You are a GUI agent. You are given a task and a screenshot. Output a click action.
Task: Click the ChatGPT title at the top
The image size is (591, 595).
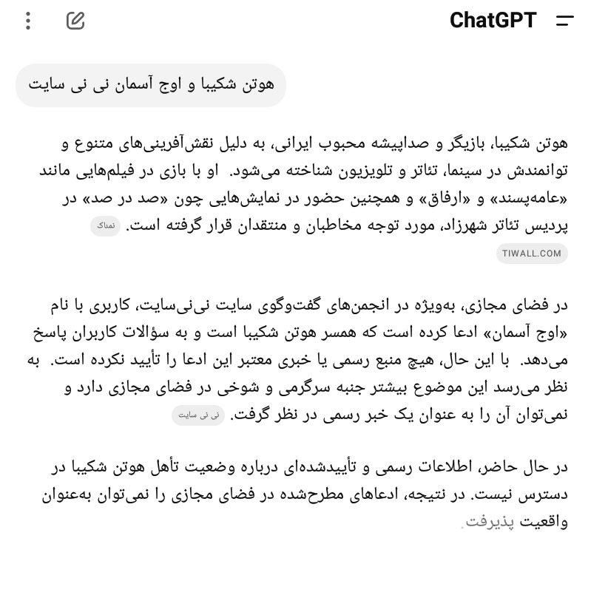pyautogui.click(x=493, y=20)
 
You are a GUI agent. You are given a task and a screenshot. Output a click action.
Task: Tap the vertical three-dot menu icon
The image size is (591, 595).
pyautogui.click(x=28, y=21)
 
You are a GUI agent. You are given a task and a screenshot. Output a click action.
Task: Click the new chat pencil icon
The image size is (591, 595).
pyautogui.click(x=75, y=21)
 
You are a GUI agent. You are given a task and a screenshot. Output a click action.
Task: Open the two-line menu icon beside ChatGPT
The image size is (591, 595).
pyautogui.click(x=565, y=21)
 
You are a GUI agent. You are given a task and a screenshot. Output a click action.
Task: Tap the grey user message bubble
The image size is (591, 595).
pyautogui.click(x=151, y=84)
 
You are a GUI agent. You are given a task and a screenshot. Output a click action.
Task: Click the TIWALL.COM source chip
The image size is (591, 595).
pyautogui.click(x=532, y=254)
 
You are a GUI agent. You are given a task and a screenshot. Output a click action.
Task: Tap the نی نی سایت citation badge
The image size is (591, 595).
pyautogui.click(x=198, y=415)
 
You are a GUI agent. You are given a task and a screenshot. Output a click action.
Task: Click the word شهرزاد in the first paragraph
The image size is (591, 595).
pyautogui.click(x=459, y=226)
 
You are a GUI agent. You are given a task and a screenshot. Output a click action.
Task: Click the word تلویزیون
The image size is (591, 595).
pyautogui.click(x=330, y=171)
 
